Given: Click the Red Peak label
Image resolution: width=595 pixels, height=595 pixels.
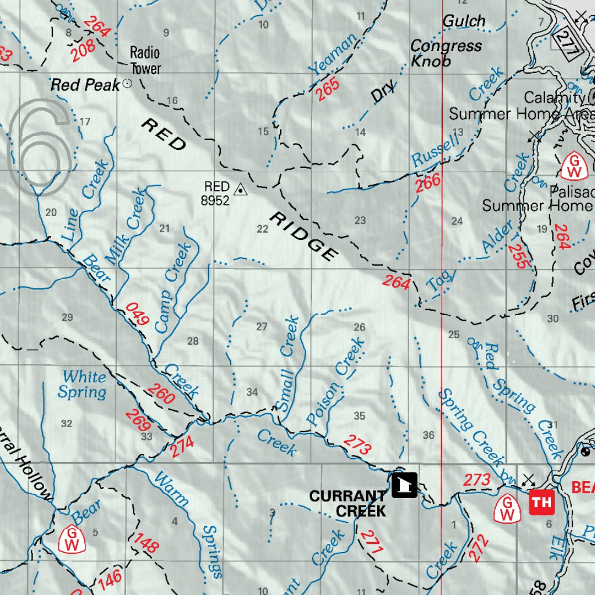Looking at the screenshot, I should point(85,85).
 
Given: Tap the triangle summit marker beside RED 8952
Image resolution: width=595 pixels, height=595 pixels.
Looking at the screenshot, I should point(239,189).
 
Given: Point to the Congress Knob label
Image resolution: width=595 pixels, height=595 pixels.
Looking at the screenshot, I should point(446,53).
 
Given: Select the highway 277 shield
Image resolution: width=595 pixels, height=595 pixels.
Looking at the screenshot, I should point(566,42).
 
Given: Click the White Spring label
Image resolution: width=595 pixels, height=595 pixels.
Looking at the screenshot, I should point(83,385).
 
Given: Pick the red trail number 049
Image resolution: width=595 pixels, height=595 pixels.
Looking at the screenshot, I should point(138,314).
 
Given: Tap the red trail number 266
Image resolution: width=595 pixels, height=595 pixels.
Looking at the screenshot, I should point(428,183).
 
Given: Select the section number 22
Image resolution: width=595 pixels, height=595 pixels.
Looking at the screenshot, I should point(263,229).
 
